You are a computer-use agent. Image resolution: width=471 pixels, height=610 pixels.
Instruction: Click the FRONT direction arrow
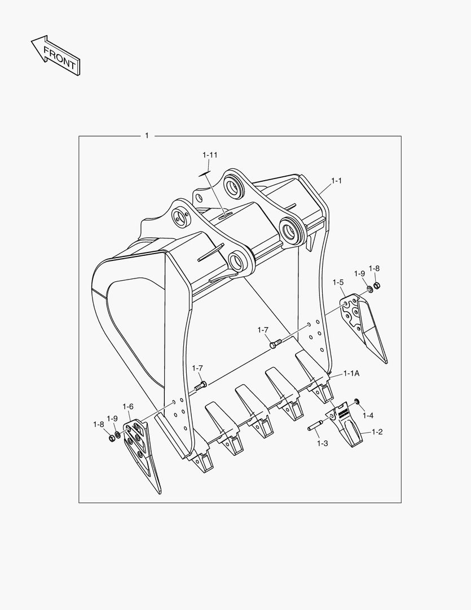point(55,55)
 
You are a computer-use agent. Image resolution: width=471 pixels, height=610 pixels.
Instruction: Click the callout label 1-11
point(210,155)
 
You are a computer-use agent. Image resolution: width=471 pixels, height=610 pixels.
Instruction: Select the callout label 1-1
point(336,181)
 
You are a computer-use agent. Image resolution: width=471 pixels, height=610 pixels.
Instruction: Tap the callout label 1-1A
point(352,374)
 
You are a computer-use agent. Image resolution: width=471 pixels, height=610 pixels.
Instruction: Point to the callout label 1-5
point(338,282)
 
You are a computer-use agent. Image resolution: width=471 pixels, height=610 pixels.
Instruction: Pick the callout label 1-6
point(128,406)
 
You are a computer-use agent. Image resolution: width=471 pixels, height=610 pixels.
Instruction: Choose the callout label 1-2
point(377,432)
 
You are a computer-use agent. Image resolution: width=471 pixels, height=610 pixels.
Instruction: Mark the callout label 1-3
point(322,443)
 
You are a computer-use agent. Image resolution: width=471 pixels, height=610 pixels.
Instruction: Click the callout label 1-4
point(368,416)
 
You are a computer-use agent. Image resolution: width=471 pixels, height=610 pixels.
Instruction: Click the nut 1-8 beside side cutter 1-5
point(377,285)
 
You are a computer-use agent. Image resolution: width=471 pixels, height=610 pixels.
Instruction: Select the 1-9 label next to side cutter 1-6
point(112,419)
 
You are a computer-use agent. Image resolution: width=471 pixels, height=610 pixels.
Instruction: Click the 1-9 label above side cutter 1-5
point(360,273)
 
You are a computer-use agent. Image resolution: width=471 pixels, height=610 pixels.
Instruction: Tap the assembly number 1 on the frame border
point(147,136)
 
